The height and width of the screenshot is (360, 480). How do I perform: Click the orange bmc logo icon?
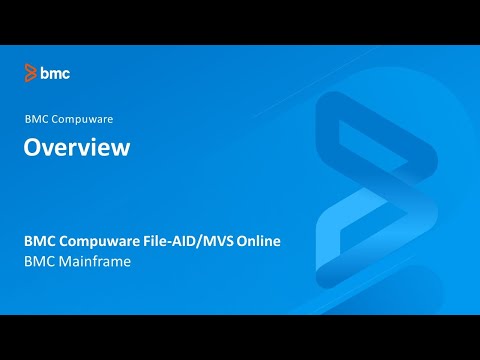pyautogui.click(x=31, y=73)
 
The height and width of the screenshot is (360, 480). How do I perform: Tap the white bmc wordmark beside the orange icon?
pyautogui.click(x=55, y=73)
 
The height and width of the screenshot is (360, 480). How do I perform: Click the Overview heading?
pyautogui.click(x=77, y=148)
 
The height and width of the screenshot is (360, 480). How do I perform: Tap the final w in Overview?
pyautogui.click(x=120, y=148)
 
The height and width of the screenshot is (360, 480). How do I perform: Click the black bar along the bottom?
pyautogui.click(x=240, y=337)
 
